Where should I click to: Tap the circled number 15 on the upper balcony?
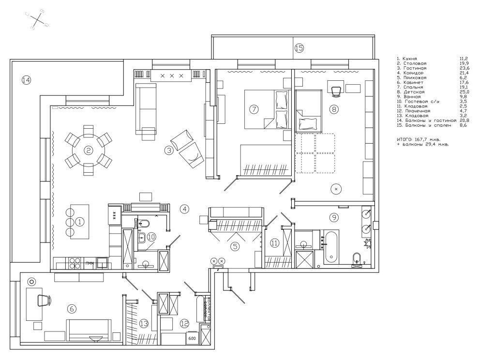[299, 48]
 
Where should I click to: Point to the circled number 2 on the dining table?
[89, 150]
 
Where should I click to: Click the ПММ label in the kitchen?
[90, 264]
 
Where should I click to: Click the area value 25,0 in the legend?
[464, 91]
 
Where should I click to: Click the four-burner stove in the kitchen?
[75, 263]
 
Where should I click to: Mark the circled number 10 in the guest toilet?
[151, 237]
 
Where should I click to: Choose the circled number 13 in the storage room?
[143, 323]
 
